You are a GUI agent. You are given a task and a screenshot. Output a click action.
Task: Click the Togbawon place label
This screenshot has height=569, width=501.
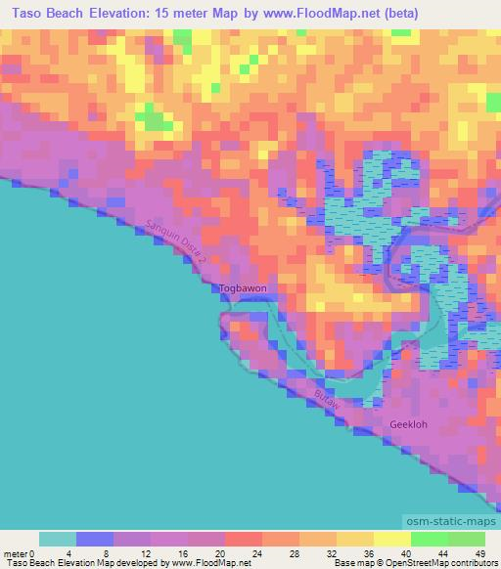point(243,288)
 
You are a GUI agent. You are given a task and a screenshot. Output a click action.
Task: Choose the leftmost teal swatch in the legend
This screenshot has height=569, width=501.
point(58,538)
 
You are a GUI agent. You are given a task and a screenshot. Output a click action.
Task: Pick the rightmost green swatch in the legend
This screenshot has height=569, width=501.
point(466,538)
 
